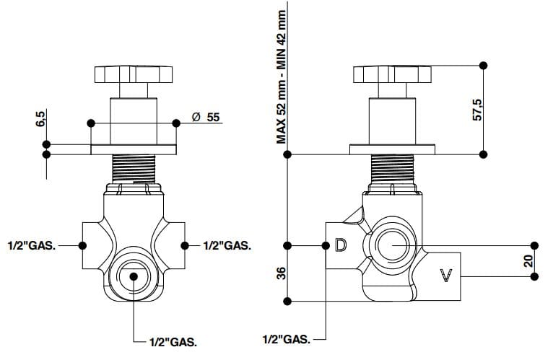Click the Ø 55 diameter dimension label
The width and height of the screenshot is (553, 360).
click(205, 118)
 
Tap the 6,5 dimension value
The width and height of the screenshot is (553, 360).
click(40, 118)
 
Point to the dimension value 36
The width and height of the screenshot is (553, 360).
click(282, 273)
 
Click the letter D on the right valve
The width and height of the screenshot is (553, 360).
click(341, 245)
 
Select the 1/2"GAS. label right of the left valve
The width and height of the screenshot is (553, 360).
click(227, 245)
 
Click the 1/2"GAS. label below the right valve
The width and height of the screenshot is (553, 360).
click(287, 338)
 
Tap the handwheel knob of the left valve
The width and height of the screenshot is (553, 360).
click(134, 75)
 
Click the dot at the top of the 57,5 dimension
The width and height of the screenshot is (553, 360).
click(484, 66)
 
